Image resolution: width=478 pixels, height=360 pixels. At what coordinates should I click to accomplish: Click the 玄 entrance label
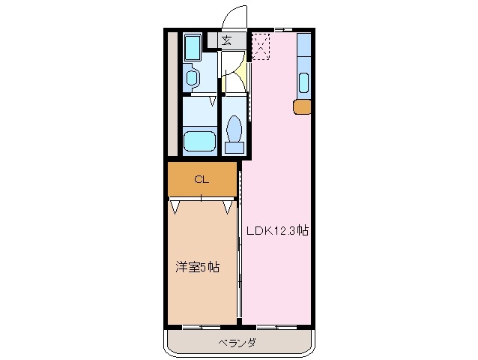point(226,40)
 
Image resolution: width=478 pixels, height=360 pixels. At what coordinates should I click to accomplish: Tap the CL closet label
point(201,179)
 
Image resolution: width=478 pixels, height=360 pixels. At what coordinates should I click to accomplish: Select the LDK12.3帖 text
point(278,231)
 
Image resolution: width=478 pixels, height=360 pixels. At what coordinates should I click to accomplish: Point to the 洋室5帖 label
point(197,267)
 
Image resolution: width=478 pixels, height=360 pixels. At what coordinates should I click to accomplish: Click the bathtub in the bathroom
point(200,140)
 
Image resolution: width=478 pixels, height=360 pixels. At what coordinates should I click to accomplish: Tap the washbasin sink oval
point(192,78)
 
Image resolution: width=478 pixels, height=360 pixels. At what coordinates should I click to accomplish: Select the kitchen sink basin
point(305,82)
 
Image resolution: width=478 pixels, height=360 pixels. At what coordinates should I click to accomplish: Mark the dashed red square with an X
point(260,46)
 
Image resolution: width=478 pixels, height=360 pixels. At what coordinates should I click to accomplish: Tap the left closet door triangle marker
point(175,205)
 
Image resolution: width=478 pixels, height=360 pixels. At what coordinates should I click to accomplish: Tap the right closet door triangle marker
point(227,205)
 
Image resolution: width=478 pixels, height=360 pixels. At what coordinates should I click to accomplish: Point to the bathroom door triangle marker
point(214,99)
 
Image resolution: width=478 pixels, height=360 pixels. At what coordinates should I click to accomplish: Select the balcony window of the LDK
point(276,328)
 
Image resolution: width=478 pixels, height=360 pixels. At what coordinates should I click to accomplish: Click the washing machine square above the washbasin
point(192,47)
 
